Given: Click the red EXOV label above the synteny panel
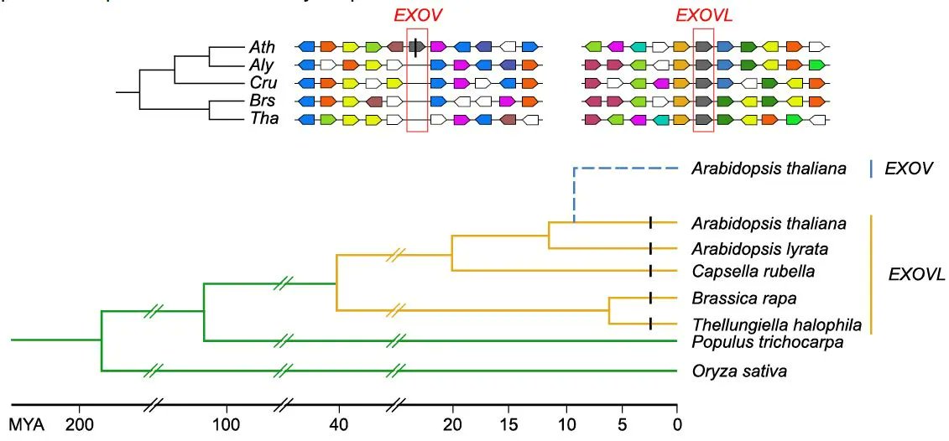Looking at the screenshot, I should pyautogui.click(x=418, y=16).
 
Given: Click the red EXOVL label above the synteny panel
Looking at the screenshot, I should pyautogui.click(x=703, y=16).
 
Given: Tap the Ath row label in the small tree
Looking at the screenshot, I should pyautogui.click(x=260, y=46).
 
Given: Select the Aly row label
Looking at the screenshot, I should pyautogui.click(x=260, y=65).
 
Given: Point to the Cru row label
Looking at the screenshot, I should pyautogui.click(x=260, y=83).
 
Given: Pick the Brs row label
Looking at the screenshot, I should pyautogui.click(x=260, y=101).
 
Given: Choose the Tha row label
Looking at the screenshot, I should pyautogui.click(x=260, y=120).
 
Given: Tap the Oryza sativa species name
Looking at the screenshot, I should pyautogui.click(x=739, y=371).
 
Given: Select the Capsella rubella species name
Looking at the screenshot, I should pyautogui.click(x=753, y=272).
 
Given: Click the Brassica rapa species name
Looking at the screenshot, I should pyautogui.click(x=743, y=298).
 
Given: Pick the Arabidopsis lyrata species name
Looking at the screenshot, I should pyautogui.click(x=759, y=248).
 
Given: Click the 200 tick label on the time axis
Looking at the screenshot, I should pyautogui.click(x=80, y=423).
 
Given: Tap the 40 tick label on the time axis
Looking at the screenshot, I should pyautogui.click(x=339, y=423).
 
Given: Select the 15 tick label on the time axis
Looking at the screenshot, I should pyautogui.click(x=509, y=423).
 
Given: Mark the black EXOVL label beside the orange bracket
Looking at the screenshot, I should pyautogui.click(x=916, y=274).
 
